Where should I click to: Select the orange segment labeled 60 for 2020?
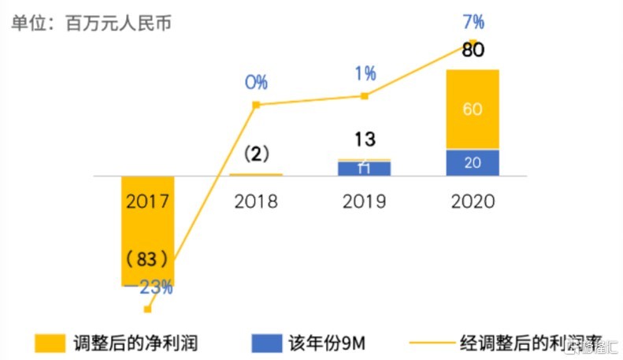pos(473,109)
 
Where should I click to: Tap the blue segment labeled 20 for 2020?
pos(473,163)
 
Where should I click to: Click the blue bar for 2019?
pos(365,169)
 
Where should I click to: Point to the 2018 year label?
pos(256,202)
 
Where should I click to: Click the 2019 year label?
pos(365,202)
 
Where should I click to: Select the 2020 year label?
pos(473,202)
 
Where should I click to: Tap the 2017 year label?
pos(147,202)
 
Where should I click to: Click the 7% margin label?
pos(473,22)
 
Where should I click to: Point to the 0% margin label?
pos(255,83)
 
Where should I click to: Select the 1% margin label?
pos(365,74)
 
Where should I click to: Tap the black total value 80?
pos(473,51)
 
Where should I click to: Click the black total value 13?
pos(365,140)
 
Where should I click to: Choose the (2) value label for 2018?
pos(256,154)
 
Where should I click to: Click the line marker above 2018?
pos(256,105)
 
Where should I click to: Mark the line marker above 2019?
pos(365,96)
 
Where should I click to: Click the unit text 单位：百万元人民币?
pos(91,22)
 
